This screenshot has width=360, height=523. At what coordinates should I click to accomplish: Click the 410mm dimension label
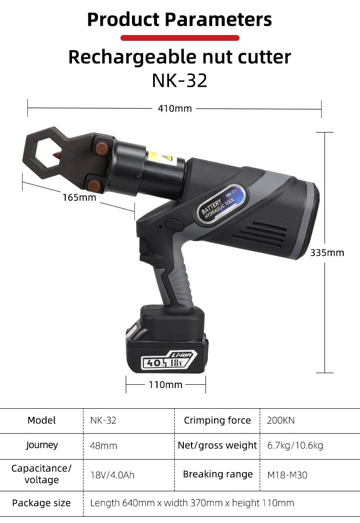pyautogui.click(x=175, y=109)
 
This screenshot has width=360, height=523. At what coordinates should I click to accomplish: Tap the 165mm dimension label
pyautogui.click(x=79, y=197)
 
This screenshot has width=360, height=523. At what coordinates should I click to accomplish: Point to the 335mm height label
pyautogui.click(x=327, y=253)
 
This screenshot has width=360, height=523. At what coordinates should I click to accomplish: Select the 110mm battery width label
pyautogui.click(x=165, y=385)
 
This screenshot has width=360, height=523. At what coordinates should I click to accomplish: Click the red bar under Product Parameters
pyautogui.click(x=180, y=38)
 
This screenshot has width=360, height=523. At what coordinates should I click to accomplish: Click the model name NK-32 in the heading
pyautogui.click(x=180, y=80)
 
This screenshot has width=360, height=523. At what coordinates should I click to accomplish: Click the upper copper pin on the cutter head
pyautogui.click(x=100, y=147)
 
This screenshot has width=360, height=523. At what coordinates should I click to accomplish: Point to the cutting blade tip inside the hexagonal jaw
pyautogui.click(x=53, y=155)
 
